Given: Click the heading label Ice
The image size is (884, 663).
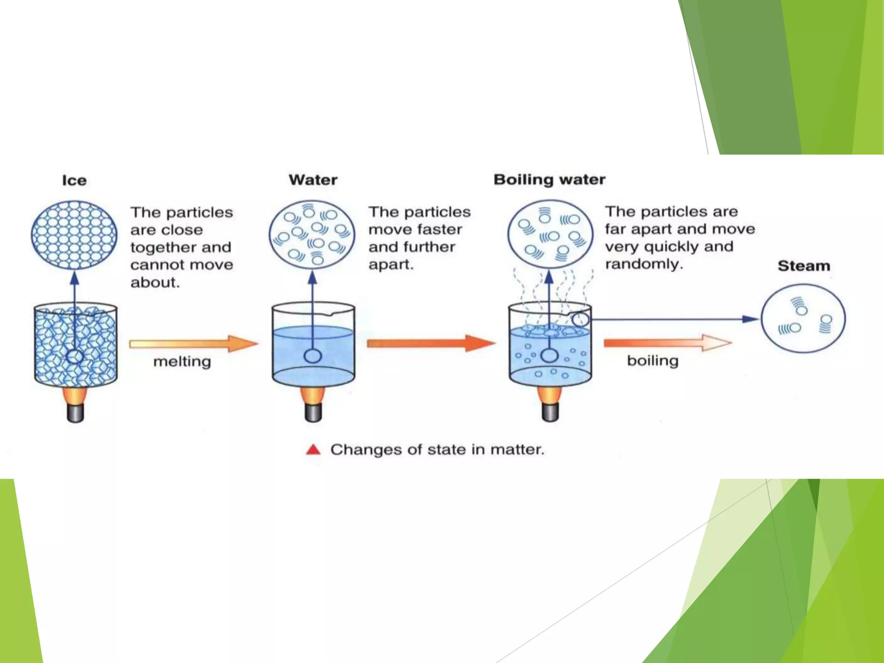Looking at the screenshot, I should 74,180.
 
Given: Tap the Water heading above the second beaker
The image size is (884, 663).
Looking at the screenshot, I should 313,180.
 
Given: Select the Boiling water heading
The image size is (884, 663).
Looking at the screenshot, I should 549,179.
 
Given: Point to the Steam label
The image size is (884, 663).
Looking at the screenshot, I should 804,265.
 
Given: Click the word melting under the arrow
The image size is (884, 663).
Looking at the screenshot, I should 182,361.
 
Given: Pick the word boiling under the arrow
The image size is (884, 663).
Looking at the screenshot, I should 653,360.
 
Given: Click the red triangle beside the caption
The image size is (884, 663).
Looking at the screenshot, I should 313,450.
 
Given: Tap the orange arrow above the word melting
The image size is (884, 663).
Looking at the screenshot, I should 193,344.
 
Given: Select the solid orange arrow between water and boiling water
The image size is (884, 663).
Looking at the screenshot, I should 430,343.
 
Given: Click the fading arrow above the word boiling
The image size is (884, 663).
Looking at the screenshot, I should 667,343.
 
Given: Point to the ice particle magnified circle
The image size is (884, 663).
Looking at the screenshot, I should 74,235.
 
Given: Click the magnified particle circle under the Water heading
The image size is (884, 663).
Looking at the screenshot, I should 312,234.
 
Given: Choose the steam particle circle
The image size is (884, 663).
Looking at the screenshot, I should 803,319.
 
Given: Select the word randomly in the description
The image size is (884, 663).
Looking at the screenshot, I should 644,264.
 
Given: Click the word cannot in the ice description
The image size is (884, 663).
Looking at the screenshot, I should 154,265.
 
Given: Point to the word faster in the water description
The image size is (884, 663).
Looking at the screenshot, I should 442,229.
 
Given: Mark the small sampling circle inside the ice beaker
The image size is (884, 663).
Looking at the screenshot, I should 75,357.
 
